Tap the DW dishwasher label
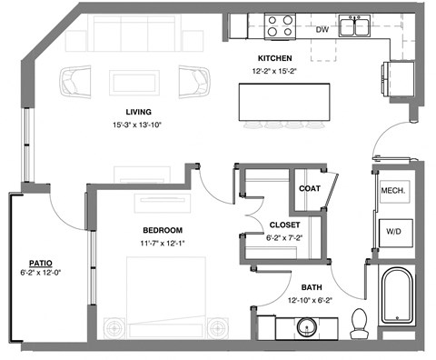point(321,28)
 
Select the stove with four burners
point(279,25)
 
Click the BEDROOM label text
point(163,230)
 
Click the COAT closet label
point(309,189)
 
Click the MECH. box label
point(392,192)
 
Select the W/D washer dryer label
point(392,233)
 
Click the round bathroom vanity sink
point(302,325)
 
